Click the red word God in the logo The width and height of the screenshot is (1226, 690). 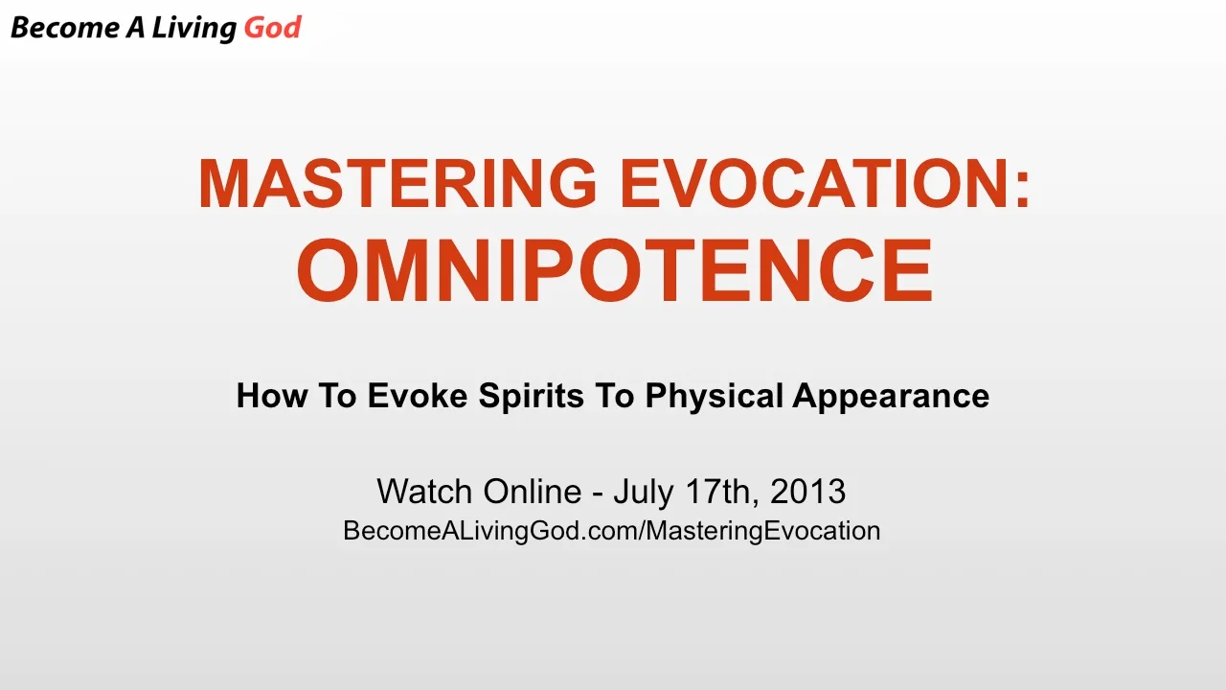(272, 28)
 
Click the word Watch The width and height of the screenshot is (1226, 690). (424, 492)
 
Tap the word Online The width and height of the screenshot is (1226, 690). (532, 492)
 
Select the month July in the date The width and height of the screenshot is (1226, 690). (644, 493)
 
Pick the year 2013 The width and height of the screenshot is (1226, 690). (807, 492)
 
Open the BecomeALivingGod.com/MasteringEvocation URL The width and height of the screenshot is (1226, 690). (611, 531)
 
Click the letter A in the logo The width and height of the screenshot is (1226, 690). (137, 28)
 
